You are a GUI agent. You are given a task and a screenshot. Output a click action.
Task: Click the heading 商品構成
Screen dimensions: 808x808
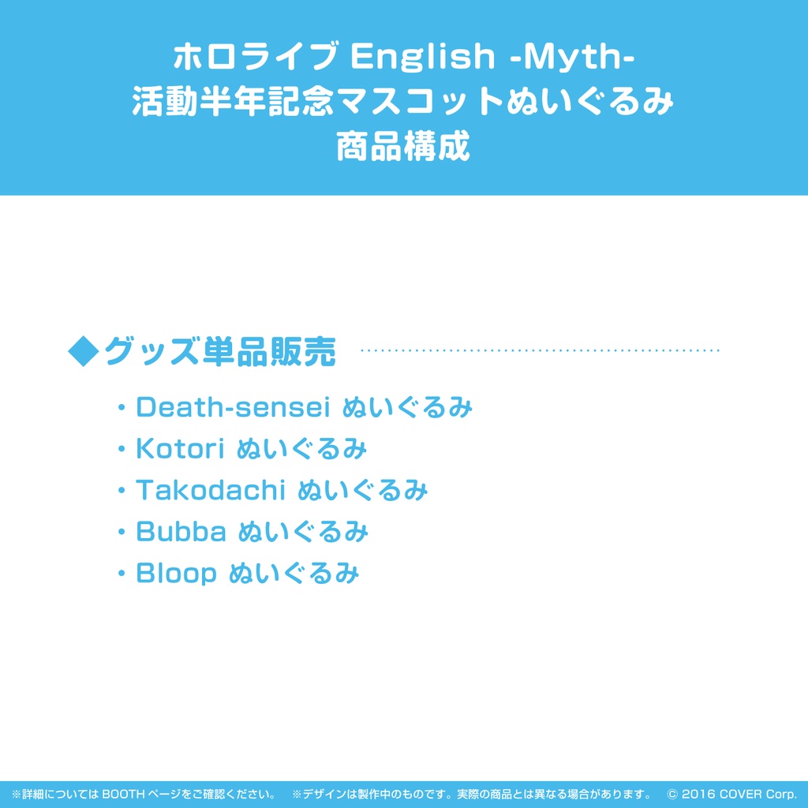(403, 147)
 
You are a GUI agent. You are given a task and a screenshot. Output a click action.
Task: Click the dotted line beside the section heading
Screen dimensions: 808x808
(540, 350)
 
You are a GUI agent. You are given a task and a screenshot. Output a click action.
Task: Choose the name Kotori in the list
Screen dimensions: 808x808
(181, 449)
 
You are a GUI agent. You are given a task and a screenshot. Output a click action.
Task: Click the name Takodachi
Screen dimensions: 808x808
(210, 491)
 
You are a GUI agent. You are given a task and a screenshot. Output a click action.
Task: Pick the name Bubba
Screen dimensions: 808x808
(181, 533)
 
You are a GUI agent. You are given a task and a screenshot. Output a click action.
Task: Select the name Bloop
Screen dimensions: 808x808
(176, 574)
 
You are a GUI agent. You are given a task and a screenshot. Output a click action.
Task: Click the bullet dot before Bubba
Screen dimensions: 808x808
(122, 533)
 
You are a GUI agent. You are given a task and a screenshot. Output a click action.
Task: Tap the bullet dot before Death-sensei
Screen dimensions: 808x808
(122, 408)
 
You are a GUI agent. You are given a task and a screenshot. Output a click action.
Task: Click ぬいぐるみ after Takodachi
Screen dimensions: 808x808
(363, 491)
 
